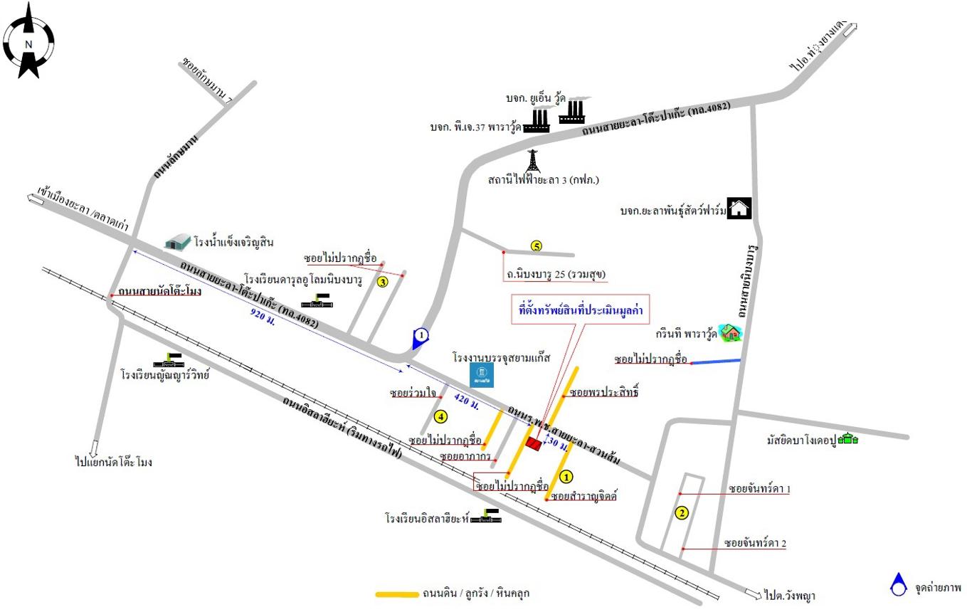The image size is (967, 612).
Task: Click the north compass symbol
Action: point(29,41)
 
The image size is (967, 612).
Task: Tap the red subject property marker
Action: point(533,443)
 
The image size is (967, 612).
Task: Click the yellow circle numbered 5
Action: point(537,246)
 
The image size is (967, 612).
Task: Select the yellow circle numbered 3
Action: point(383,282)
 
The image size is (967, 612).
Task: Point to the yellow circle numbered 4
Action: point(441,416)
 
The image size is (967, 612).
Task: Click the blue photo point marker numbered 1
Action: point(421,337)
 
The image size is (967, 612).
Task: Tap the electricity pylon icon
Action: point(532,161)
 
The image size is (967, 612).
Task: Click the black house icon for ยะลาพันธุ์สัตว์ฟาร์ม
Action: point(740,209)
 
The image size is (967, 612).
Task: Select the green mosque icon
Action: point(847,439)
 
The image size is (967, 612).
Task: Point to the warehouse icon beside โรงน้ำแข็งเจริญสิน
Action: point(177,242)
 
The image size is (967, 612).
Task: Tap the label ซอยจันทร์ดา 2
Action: point(756,544)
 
